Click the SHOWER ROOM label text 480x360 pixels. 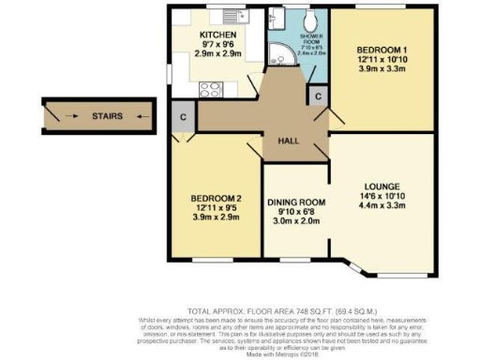pyautogui.click(x=311, y=38)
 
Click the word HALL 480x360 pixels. pyautogui.click(x=288, y=141)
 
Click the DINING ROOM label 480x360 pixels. pyautogui.click(x=295, y=202)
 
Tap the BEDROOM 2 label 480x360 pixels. pyautogui.click(x=217, y=198)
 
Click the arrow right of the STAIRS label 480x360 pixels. pyautogui.click(x=137, y=117)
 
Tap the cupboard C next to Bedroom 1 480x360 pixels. pyautogui.click(x=319, y=97)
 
